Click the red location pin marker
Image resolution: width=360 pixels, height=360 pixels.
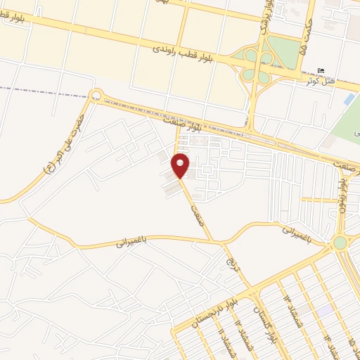(x=181, y=165)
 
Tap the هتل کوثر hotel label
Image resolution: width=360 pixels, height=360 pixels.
(x=321, y=81)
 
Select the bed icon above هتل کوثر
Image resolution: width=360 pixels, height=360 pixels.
(x=322, y=71)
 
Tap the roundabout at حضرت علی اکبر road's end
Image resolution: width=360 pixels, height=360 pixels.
(x=96, y=95)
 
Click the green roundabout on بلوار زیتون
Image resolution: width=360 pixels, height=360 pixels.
(x=340, y=243)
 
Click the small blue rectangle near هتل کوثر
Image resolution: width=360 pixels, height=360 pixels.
(x=349, y=100)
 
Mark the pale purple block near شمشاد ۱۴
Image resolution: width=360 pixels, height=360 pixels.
(x=324, y=309)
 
